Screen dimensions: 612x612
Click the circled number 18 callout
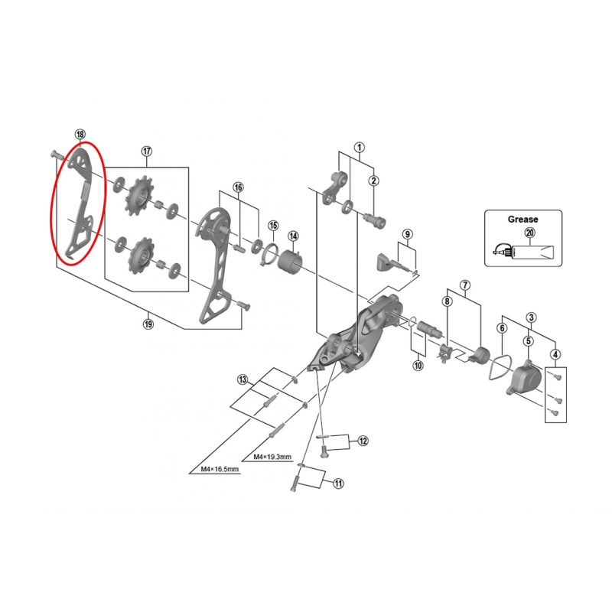80,135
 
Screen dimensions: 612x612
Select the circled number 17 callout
146,151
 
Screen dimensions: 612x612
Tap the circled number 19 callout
148,324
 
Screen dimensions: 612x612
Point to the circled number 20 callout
529,233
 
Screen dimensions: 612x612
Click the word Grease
522,220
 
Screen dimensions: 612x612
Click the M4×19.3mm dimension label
272,457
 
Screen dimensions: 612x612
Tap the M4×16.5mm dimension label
220,469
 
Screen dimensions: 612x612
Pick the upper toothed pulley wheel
140,194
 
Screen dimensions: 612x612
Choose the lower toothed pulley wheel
141,256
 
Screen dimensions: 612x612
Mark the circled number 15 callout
273,226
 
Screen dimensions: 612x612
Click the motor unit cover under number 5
525,376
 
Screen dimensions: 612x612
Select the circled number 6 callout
503,328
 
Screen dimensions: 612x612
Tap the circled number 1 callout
359,148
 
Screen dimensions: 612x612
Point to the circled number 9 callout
408,234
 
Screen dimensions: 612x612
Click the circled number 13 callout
243,379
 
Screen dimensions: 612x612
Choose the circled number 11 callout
338,483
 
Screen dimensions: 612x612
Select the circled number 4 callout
555,355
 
